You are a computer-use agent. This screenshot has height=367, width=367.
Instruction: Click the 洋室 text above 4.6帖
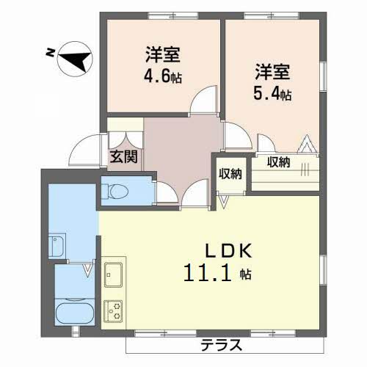[162, 54]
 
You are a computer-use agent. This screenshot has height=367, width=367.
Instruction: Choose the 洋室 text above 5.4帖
[273, 72]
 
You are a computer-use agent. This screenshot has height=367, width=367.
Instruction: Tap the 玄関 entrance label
[123, 156]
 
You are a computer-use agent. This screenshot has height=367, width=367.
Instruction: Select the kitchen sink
[114, 275]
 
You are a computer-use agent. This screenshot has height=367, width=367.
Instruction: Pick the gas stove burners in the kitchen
[115, 310]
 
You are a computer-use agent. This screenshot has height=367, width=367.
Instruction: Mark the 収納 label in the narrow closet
[230, 174]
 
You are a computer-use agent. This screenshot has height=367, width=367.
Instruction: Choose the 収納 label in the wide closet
[278, 162]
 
